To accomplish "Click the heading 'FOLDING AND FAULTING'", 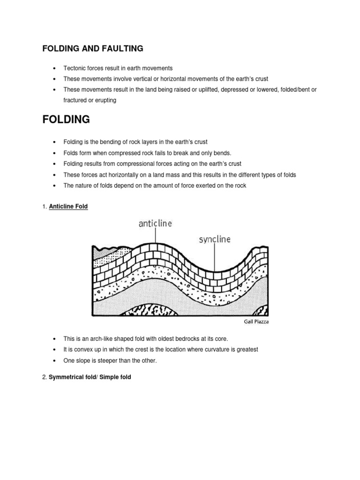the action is (x=92, y=48).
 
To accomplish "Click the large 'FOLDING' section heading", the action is (x=66, y=120).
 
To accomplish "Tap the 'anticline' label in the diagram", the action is (x=155, y=224).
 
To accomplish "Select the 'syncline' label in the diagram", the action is (x=215, y=240).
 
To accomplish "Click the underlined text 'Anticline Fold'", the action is (x=68, y=206).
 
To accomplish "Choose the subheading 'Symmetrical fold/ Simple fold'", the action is (x=90, y=376).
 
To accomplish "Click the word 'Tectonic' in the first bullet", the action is (x=74, y=68).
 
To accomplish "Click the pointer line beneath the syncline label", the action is (x=215, y=259).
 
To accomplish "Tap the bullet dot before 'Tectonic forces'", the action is (x=55, y=68).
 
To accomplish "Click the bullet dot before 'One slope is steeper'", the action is (x=55, y=360).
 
